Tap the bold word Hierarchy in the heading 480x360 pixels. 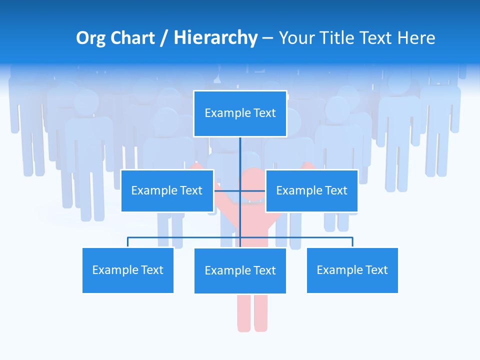pos(215,38)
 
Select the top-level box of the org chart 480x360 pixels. pos(240,113)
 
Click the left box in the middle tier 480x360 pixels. pos(167,190)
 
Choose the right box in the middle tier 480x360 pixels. pos(311,190)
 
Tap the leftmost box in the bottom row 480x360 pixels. pos(127,270)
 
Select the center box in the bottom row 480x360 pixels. pos(240,270)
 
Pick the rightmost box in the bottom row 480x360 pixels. pos(352,270)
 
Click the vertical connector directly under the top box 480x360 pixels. pos(240,152)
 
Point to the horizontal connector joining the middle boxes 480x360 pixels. pos(239,190)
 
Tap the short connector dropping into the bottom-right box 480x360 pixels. pos(352,242)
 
